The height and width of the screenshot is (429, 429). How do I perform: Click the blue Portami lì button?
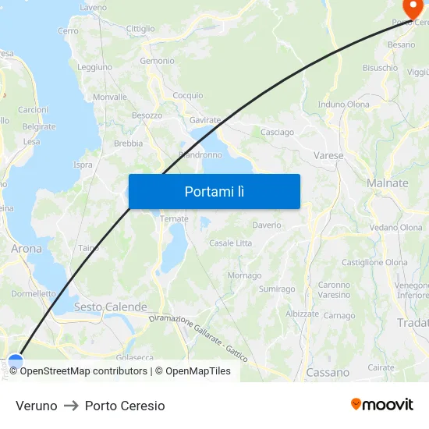(x=214, y=191)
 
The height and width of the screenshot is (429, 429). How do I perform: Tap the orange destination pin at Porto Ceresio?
(x=410, y=8)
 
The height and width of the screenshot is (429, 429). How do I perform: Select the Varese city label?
(x=328, y=156)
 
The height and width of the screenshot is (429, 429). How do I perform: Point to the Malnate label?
(x=387, y=183)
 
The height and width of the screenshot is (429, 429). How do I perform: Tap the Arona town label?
(x=27, y=249)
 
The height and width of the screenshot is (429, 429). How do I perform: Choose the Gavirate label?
(x=205, y=121)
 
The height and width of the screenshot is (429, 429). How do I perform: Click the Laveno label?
(x=93, y=8)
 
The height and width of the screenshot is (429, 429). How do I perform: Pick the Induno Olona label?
(x=343, y=105)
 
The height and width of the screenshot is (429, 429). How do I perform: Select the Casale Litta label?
(x=230, y=243)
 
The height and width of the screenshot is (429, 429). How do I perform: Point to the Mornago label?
(x=244, y=275)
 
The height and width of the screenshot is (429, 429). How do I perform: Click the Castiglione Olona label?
(x=374, y=263)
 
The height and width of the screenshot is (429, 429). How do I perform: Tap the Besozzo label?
(x=147, y=115)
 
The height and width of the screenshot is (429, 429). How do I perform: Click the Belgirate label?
(x=39, y=126)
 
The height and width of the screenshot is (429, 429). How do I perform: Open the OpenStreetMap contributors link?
(x=80, y=371)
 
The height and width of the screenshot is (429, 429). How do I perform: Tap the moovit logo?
(x=382, y=405)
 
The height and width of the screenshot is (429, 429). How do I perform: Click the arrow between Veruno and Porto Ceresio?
(x=71, y=406)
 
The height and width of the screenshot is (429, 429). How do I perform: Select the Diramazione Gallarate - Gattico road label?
(x=198, y=338)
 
